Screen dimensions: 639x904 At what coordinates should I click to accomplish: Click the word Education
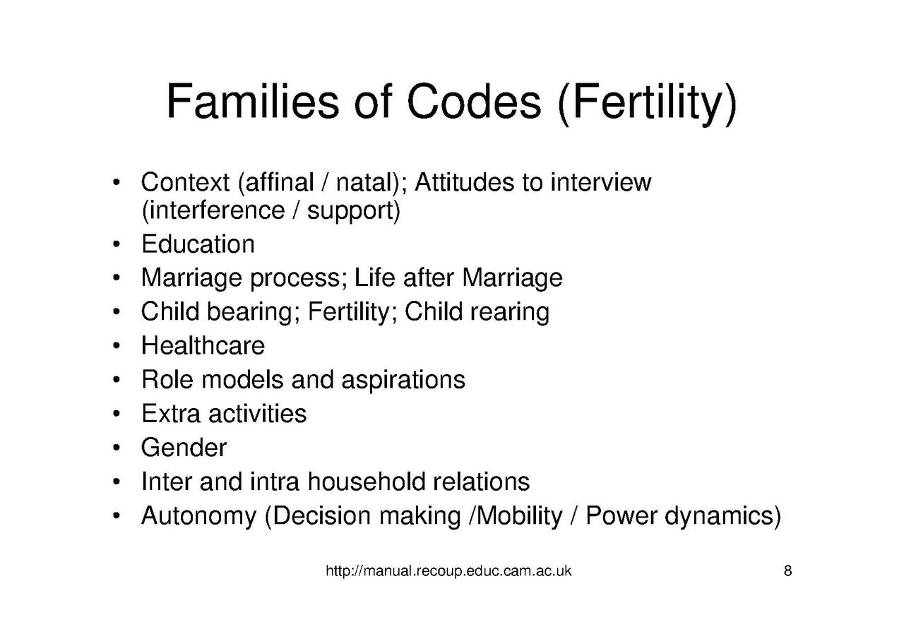click(198, 244)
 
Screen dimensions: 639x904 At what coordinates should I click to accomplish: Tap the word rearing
click(512, 311)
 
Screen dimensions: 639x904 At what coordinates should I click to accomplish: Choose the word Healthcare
click(203, 345)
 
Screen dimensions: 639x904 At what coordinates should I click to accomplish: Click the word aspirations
click(403, 380)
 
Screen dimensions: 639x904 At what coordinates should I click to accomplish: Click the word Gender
click(184, 447)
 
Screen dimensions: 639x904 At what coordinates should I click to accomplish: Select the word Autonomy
click(198, 516)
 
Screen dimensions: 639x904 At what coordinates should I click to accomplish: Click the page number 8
click(787, 571)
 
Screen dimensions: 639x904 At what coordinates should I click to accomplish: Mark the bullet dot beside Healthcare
click(115, 346)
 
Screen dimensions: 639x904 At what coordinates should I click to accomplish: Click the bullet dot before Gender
click(115, 448)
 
